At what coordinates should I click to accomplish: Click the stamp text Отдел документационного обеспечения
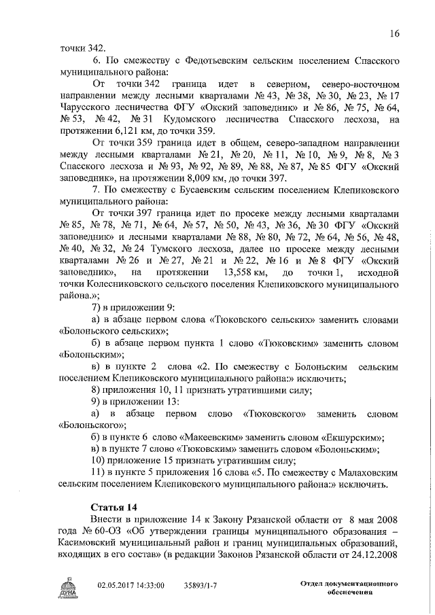(349, 588)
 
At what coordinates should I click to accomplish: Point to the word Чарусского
(90, 107)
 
